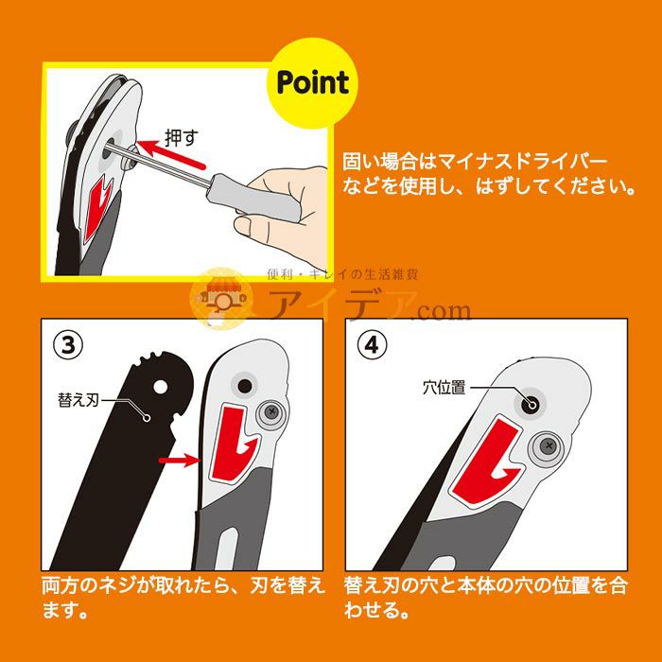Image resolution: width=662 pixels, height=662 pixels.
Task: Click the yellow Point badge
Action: click(312, 83)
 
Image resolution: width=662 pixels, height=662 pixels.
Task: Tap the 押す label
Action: click(182, 138)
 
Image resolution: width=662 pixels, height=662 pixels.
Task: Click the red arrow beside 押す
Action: click(170, 154)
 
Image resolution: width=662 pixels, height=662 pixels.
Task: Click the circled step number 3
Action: click(68, 345)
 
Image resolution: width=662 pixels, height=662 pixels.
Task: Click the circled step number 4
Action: click(372, 345)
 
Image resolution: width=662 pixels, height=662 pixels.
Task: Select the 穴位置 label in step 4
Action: click(444, 387)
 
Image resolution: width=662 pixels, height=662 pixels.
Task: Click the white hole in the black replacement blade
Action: click(161, 386)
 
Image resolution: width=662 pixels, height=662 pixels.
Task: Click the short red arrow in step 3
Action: click(179, 460)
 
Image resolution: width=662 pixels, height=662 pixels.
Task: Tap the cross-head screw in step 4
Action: click(549, 445)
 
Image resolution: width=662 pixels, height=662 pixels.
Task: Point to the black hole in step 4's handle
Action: click(531, 404)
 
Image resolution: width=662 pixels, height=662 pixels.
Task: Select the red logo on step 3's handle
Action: click(232, 444)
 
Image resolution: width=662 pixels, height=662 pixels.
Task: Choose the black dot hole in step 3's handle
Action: click(245, 386)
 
